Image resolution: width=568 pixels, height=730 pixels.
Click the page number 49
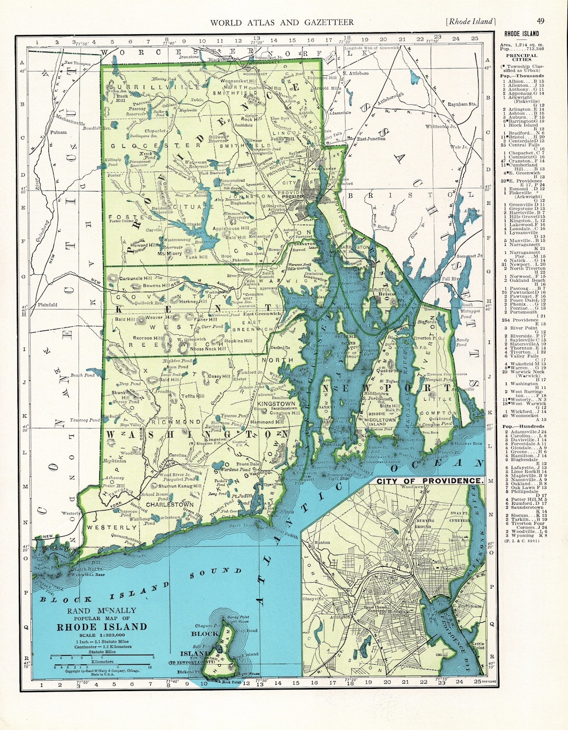541,21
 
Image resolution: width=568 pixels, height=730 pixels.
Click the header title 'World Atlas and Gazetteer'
282,22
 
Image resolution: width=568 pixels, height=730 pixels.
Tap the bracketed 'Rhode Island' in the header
470,22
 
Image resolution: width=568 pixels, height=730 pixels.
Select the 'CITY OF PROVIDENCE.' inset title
429,481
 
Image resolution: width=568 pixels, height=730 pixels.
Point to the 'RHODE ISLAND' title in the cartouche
102,627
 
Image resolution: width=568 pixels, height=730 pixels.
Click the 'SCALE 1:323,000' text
102,635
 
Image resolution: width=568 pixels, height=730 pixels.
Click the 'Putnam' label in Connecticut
58,133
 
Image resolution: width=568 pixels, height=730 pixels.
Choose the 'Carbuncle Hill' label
136,278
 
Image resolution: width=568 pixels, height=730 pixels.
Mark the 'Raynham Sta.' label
461,104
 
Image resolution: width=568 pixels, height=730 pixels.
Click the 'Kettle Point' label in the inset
478,646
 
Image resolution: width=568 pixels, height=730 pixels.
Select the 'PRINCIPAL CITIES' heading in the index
521,57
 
